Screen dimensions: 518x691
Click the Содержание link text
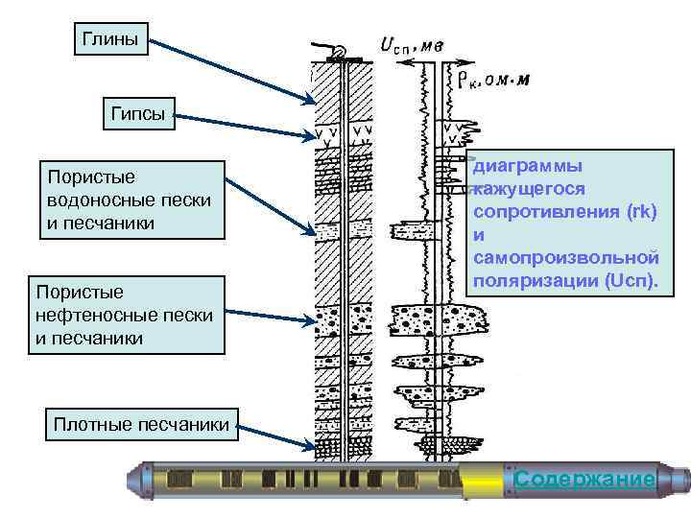coord(584,479)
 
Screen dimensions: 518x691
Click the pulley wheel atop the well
coord(338,53)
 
